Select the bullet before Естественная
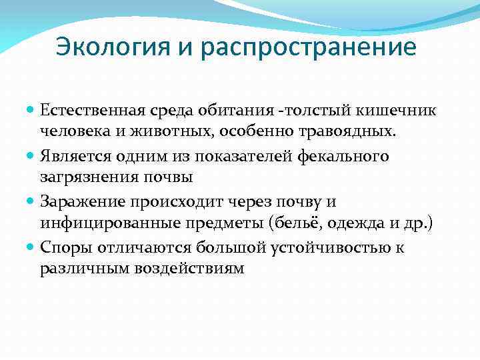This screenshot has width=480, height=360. [x=32, y=109]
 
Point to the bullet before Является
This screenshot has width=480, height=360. [x=32, y=155]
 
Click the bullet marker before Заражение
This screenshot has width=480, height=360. [x=32, y=201]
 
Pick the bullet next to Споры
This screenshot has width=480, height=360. [x=32, y=247]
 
